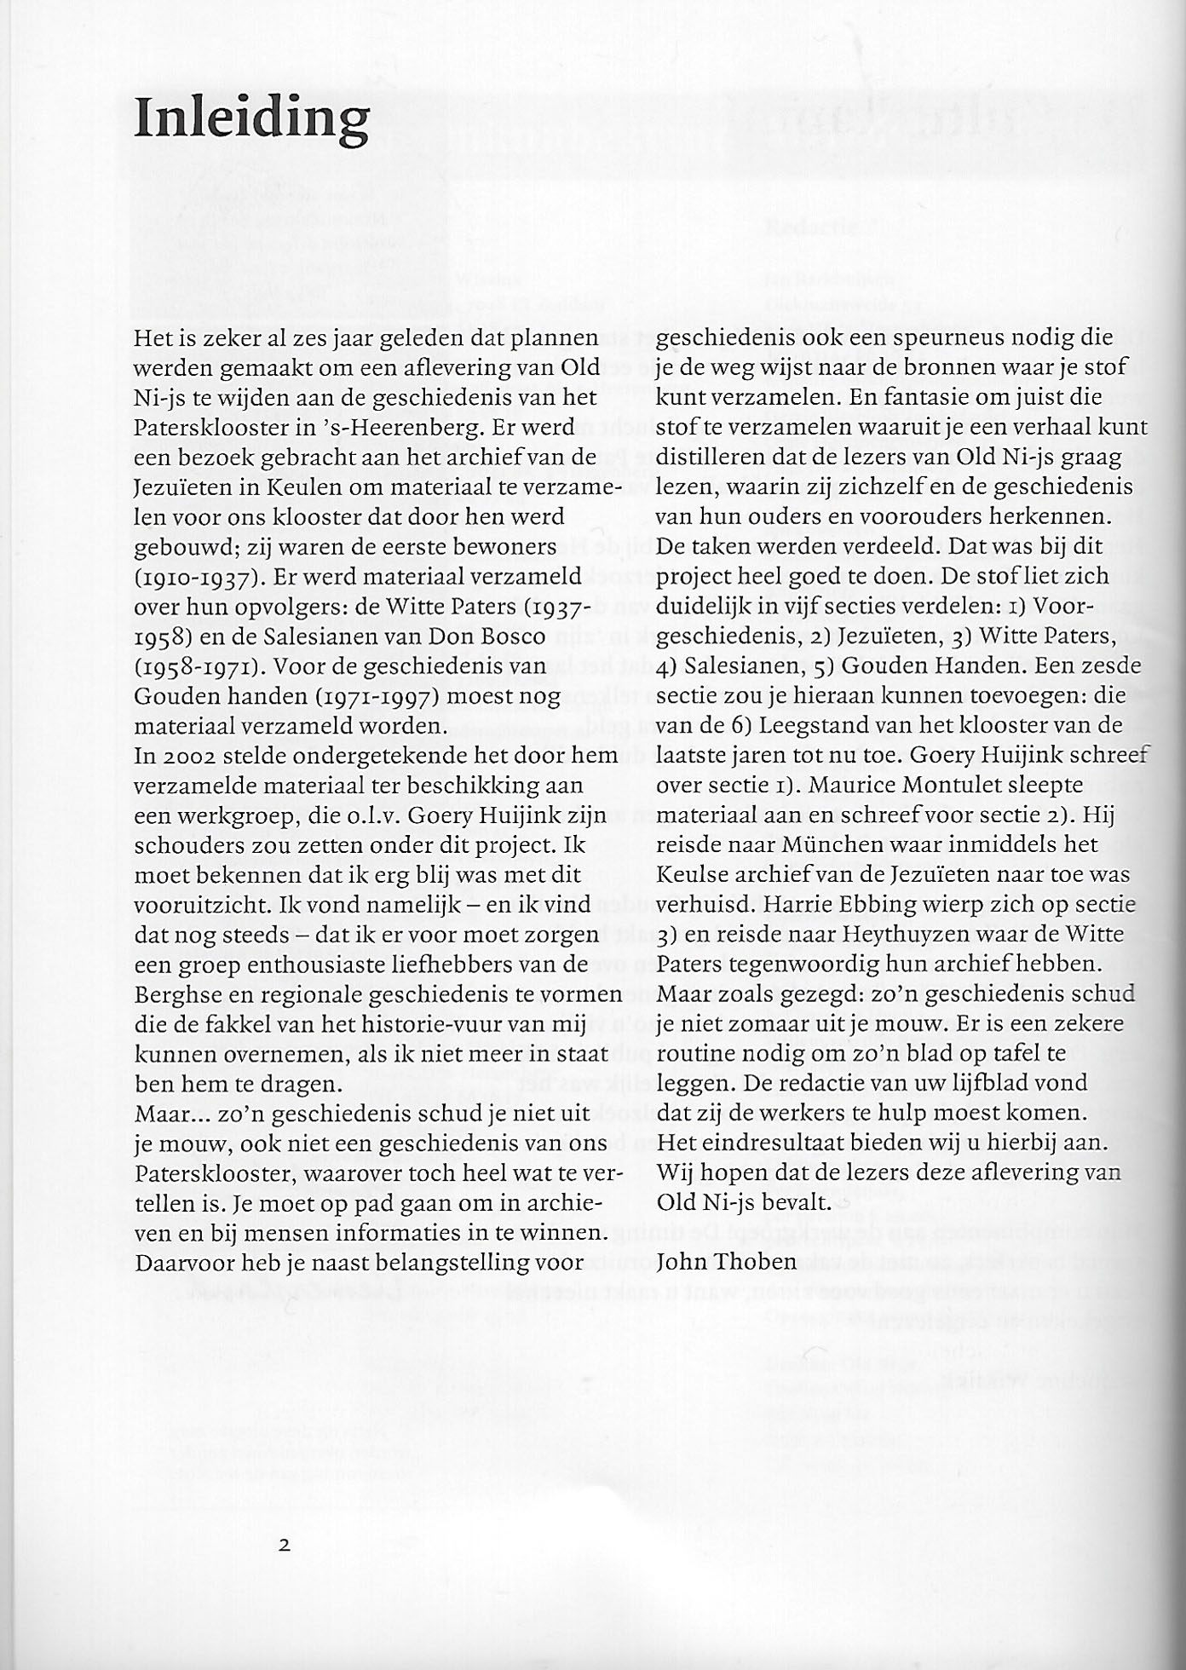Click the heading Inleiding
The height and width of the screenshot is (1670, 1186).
(x=251, y=120)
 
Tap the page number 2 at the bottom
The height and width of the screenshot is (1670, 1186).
(x=285, y=1544)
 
